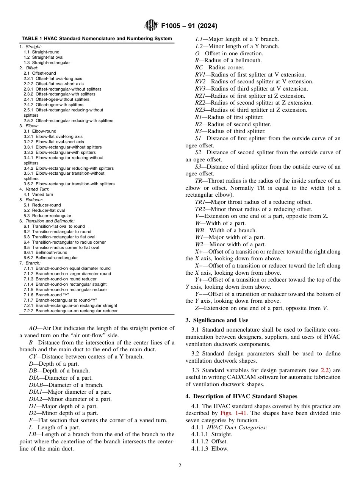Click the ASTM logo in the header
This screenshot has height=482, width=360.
[x=151, y=26]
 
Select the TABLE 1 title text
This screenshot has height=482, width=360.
[x=97, y=39]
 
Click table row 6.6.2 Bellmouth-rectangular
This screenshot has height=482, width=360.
[x=50, y=258]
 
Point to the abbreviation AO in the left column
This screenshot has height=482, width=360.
[x=33, y=329]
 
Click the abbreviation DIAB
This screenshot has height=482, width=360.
[x=36, y=385]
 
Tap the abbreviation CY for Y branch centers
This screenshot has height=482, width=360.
[x=33, y=357]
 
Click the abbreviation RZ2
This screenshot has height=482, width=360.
[x=200, y=103]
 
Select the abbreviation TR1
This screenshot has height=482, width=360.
[x=200, y=202]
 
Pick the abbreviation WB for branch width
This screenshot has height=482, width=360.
[x=199, y=230]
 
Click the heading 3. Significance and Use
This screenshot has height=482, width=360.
[x=217, y=320]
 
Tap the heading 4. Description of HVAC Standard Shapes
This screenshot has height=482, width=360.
[x=241, y=396]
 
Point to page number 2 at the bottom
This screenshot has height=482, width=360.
[x=180, y=466]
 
